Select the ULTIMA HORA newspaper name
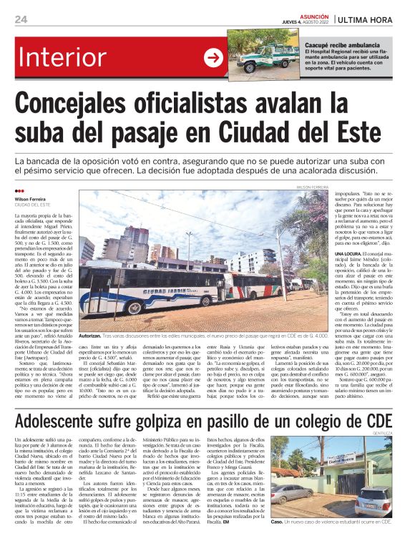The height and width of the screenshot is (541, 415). (x=367, y=19)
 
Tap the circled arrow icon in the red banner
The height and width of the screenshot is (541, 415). (x=214, y=59)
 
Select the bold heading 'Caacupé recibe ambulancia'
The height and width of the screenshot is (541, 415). (x=328, y=45)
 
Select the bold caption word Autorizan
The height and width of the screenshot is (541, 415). (x=89, y=335)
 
